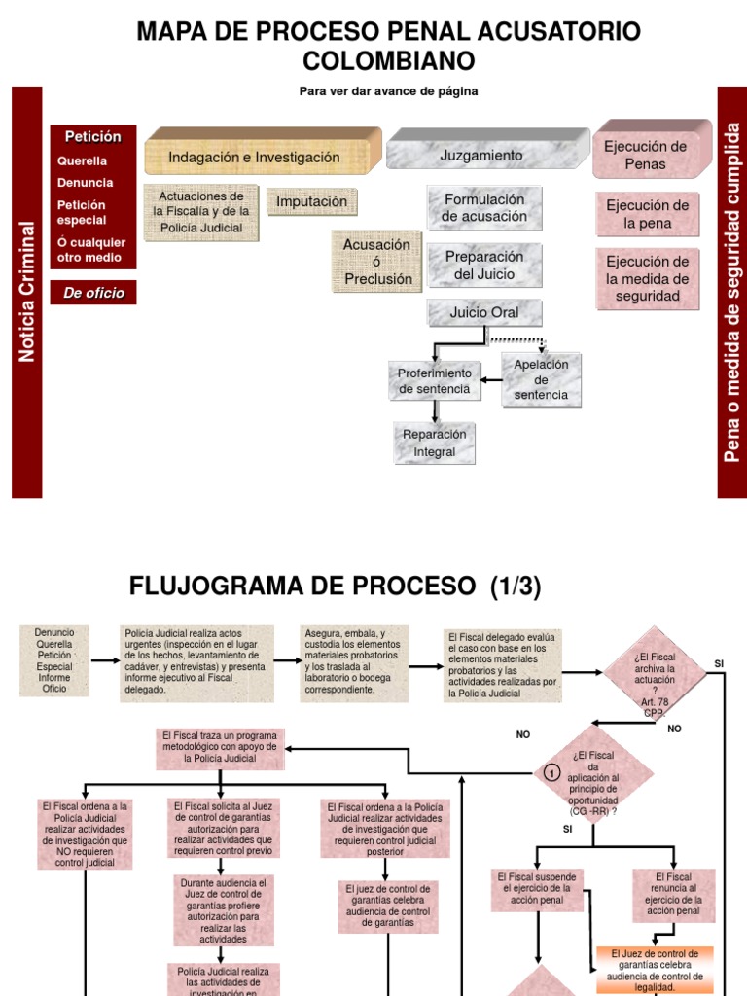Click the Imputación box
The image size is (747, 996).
[311, 201]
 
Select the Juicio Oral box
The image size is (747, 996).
[484, 312]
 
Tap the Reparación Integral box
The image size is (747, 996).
[434, 443]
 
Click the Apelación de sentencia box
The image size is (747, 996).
[541, 379]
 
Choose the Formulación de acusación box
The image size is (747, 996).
[484, 207]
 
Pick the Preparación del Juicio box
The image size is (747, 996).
[484, 265]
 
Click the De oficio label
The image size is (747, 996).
[93, 292]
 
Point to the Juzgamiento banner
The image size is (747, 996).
[480, 155]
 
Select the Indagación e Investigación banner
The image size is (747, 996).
[255, 157]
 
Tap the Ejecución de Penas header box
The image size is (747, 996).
[645, 155]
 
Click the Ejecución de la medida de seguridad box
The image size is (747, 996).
[647, 278]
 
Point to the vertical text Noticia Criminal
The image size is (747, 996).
[27, 292]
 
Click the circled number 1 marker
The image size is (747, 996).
[551, 773]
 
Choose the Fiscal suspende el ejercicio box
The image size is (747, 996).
[538, 889]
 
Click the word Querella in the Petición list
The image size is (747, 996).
[82, 161]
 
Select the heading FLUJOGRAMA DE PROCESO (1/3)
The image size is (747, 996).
[336, 587]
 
